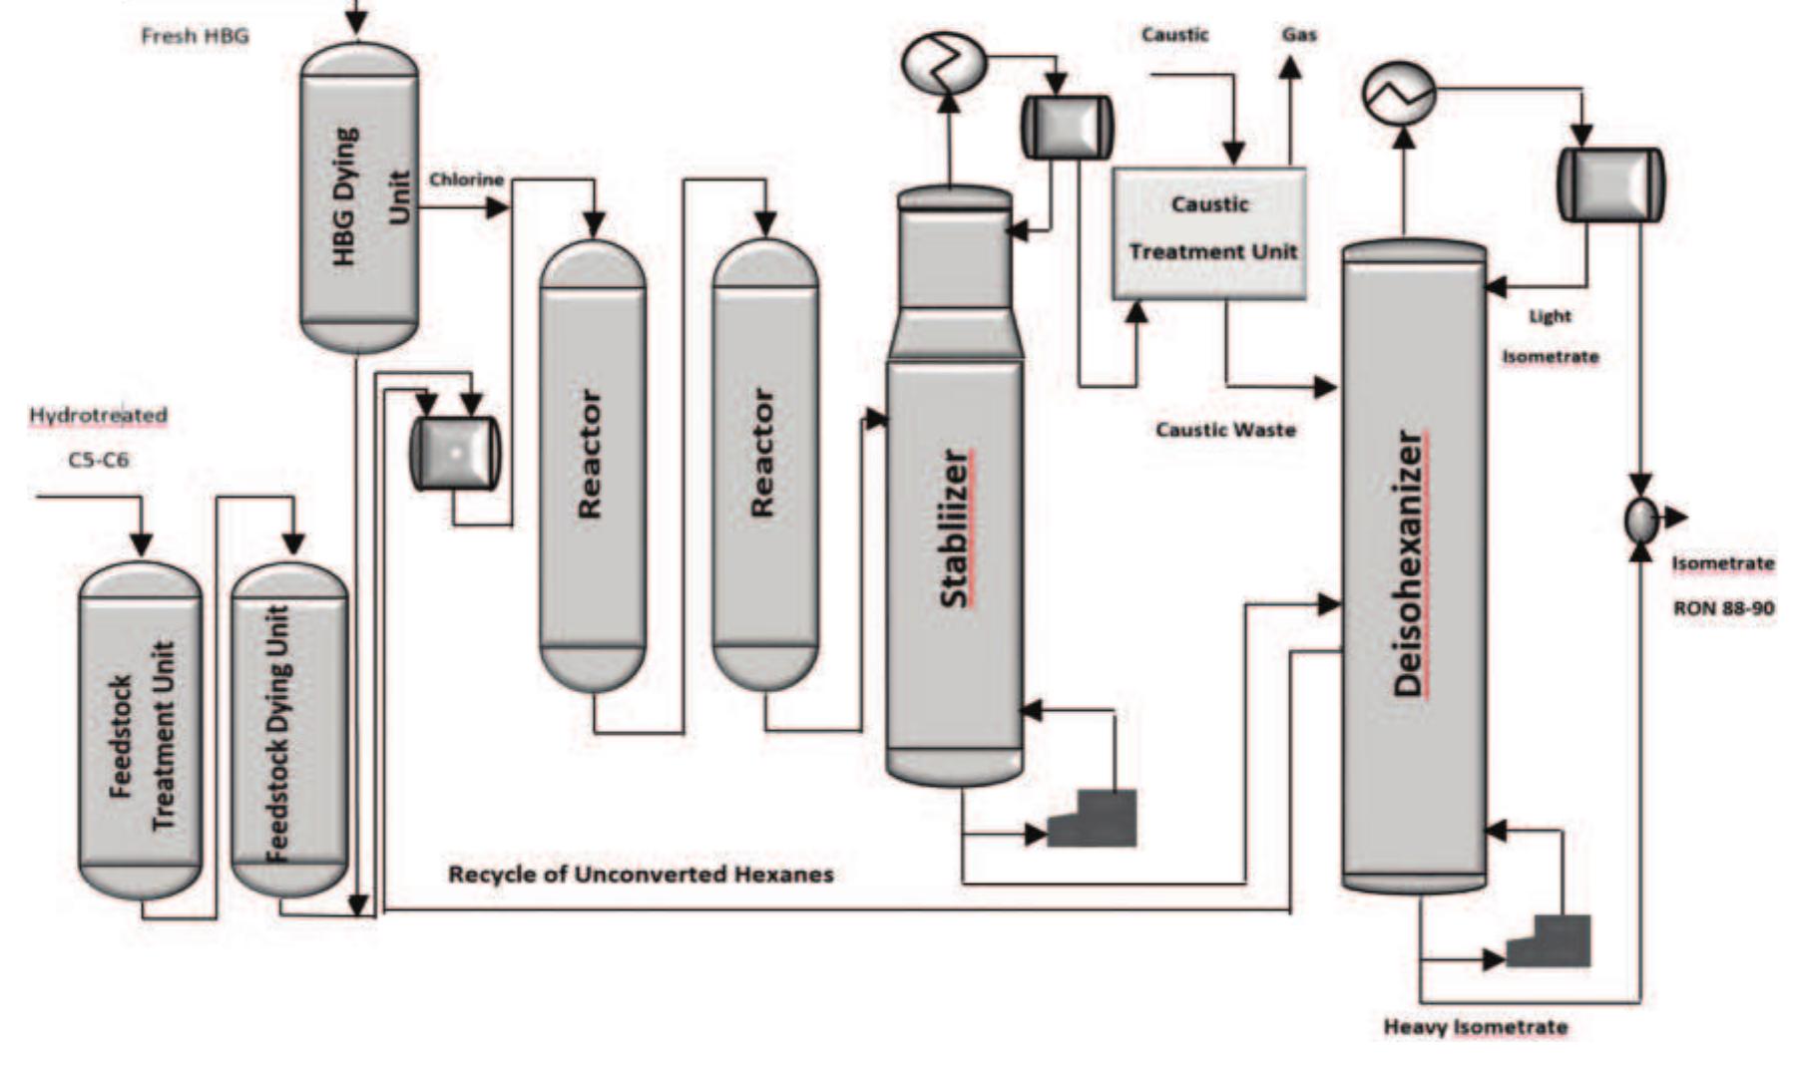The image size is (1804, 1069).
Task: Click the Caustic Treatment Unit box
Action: point(1209,232)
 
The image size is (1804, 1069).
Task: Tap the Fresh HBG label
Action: point(195,37)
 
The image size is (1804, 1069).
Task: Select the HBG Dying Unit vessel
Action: point(359,199)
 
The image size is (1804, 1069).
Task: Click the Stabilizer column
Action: point(955,529)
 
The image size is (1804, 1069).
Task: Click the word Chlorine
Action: point(466,179)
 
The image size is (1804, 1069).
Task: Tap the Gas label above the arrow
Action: point(1299,35)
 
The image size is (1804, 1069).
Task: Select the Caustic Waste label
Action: point(1225,430)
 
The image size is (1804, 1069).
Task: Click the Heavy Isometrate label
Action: point(1475,1027)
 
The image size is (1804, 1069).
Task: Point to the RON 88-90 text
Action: point(1723,607)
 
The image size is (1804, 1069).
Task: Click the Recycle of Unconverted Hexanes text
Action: point(641,875)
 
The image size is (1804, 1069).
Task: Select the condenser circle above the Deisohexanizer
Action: point(1399,94)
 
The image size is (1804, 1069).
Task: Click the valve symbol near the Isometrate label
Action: point(1641,519)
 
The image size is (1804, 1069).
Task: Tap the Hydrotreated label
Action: point(98,415)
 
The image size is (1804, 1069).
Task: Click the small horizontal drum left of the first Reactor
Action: point(455,454)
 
